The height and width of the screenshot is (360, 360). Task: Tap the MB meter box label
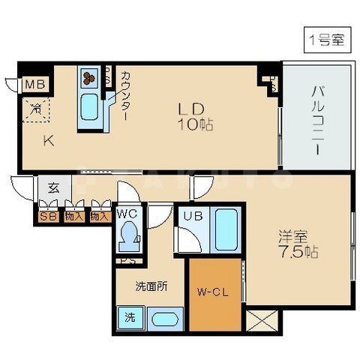[34, 84]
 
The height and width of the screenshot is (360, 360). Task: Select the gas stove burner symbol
[89, 77]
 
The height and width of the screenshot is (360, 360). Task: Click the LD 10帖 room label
[194, 116]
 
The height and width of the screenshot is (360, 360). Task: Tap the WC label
[127, 214]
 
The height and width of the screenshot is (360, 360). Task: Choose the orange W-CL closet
[216, 293]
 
